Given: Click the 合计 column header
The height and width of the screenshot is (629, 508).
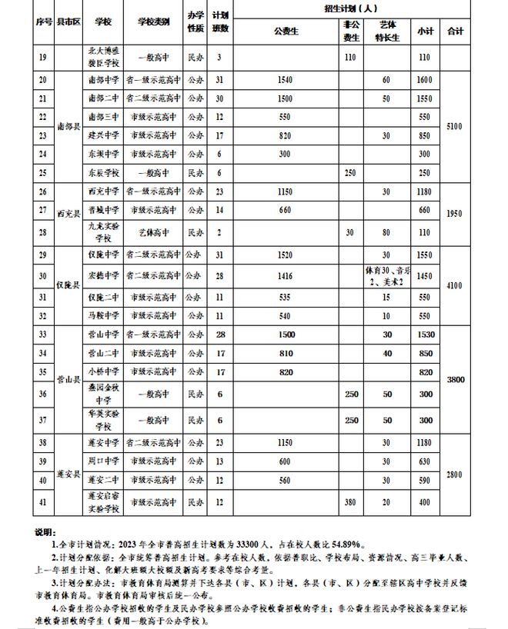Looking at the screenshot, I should pos(456,31).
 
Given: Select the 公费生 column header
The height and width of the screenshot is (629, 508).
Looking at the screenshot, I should pos(286,32).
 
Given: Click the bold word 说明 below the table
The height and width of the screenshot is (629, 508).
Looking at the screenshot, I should pos(46,531).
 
